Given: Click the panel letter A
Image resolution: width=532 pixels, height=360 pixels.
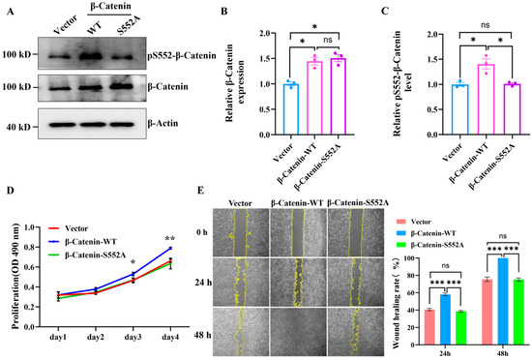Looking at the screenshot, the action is coord(11,12).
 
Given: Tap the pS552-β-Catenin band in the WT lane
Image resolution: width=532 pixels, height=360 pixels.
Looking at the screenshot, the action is coord(91,56).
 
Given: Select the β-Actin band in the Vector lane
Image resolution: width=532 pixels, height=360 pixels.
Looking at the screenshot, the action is coord(62,125).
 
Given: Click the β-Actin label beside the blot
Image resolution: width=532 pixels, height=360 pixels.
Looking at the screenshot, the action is coord(163,123).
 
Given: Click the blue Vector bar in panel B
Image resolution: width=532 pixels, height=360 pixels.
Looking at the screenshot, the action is coord(291,109).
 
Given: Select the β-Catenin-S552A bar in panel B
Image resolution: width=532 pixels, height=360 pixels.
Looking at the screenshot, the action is coord(339,97).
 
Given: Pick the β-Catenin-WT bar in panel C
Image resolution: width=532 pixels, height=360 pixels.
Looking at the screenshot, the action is coord(486,100).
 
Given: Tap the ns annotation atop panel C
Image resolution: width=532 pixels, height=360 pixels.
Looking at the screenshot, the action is coord(486,25).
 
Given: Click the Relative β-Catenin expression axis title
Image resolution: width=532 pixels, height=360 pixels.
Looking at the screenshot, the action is coord(235,82).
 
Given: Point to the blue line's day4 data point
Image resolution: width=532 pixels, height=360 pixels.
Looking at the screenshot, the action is coord(170,248).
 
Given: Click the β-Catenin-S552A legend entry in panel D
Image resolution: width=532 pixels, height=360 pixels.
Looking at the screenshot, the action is coord(91,255).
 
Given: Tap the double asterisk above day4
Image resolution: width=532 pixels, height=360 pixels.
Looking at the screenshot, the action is coord(169,238).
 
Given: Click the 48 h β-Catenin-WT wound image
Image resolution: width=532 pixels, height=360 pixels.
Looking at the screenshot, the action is coord(299,332).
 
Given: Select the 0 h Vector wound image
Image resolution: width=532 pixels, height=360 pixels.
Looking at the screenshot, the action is coord(241,232).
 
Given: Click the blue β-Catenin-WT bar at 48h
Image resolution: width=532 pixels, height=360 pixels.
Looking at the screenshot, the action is coord(503,301).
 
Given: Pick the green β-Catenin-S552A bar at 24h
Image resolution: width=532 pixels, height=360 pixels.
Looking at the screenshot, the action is coord(461,328).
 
